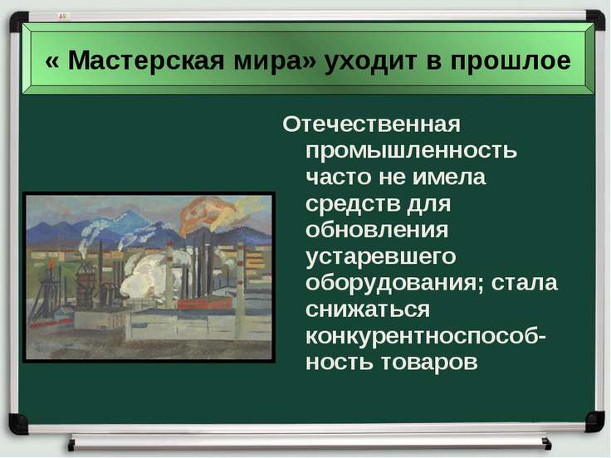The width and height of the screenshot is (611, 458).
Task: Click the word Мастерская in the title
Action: pos(146,61)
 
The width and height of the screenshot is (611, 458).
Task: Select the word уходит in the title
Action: pos(371,62)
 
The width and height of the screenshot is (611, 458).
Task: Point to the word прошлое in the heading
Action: pos(511,62)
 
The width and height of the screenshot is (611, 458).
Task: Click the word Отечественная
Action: pos(371,124)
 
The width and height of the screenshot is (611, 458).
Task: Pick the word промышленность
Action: pos(412,151)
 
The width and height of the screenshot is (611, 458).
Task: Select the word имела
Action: pos(449,178)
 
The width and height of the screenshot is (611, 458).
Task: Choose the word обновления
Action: pos(377,230)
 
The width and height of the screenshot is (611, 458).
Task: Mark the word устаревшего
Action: pos(381,257)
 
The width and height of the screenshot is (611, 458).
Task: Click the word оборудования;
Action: pos(394,283)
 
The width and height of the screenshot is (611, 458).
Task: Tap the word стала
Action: pos(524,283)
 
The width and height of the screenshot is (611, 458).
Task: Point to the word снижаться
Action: pos(368,309)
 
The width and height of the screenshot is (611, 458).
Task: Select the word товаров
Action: pos(429,363)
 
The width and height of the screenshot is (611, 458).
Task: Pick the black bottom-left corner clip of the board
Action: pos(18,424)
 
